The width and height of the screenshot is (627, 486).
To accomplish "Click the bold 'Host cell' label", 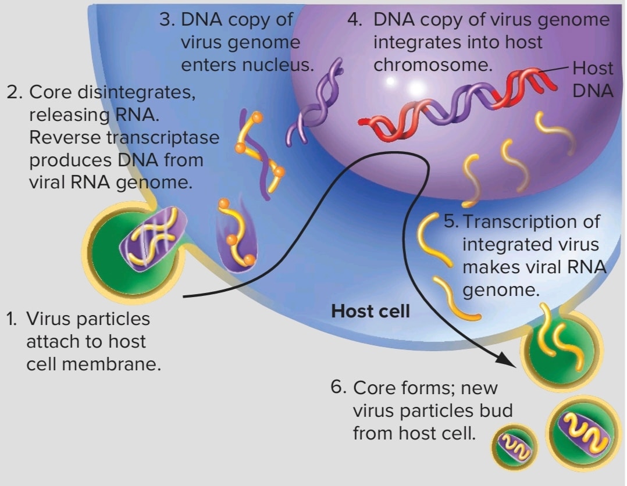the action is [x=370, y=311].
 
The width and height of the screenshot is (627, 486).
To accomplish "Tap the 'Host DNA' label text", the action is [x=593, y=80].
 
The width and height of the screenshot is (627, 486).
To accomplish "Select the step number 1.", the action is [x=11, y=319].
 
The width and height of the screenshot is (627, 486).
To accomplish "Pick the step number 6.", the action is [x=338, y=387].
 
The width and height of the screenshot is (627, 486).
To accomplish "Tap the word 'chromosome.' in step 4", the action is [x=433, y=65].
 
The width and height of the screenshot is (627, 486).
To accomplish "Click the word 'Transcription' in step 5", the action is [x=531, y=222].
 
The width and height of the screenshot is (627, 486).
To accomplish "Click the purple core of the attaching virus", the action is [x=154, y=238].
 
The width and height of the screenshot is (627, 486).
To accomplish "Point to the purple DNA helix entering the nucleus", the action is [x=314, y=102].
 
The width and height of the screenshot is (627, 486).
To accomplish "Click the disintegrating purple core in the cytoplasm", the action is [x=236, y=236].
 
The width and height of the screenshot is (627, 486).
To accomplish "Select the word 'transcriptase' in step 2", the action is [x=163, y=137].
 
